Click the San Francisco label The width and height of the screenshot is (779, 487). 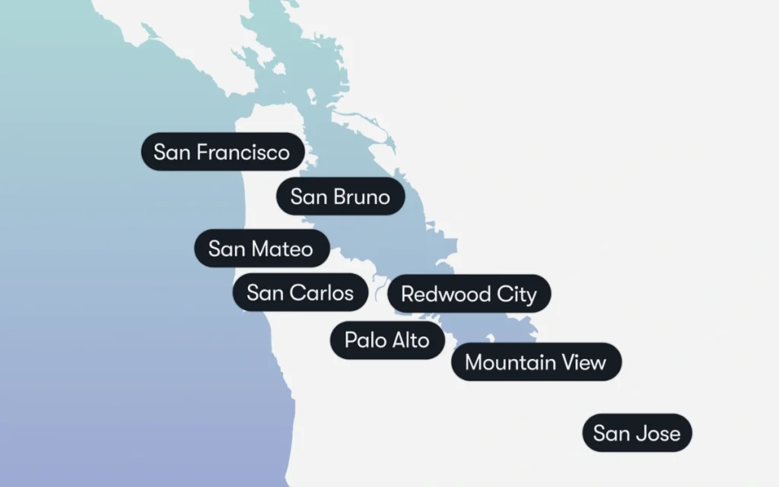point(222,151)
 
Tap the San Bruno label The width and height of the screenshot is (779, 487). point(340,197)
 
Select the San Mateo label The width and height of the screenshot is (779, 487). point(261,248)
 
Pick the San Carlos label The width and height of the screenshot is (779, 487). point(300,292)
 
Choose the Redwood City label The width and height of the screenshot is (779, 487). point(469,294)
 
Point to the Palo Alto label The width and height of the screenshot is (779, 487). point(386,339)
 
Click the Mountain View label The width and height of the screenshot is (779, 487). point(536,362)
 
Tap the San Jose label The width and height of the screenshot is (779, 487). point(637,433)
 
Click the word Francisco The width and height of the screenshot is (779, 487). point(243,151)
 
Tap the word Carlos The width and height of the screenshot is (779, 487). point(323,292)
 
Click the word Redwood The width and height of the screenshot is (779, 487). point(447,294)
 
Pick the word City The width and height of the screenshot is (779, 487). point(517,294)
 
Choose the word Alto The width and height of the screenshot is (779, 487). point(410,339)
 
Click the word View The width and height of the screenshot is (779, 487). point(584,362)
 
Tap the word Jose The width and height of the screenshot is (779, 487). point(660,433)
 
